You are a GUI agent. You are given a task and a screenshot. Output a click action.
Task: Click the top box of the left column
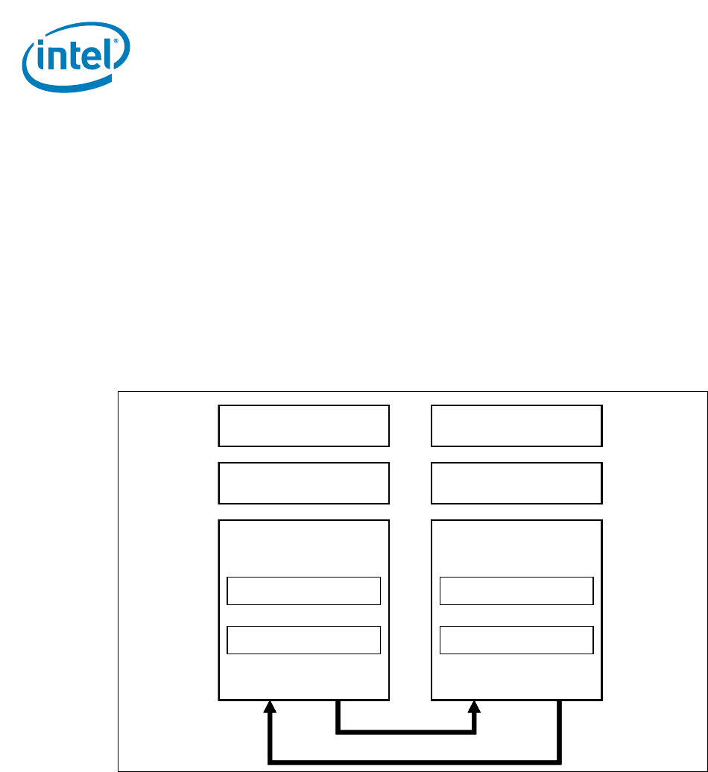click(304, 425)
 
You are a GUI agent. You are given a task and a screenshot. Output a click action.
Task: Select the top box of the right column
click(516, 425)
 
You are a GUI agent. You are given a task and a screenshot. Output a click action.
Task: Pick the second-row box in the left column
click(304, 483)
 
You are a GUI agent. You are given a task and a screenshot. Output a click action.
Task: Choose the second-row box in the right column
click(516, 483)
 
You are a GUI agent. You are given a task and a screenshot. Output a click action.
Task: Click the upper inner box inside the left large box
click(304, 590)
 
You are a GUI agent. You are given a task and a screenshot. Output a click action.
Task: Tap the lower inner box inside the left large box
click(304, 639)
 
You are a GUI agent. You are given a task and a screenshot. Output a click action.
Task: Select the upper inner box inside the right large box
click(516, 590)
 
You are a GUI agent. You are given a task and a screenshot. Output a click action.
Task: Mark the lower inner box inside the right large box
click(516, 639)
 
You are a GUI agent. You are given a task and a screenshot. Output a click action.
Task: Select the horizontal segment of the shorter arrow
click(406, 732)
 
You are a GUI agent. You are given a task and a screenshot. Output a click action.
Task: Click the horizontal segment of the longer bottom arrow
click(414, 761)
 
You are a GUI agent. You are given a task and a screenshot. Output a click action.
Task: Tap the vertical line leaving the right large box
click(559, 730)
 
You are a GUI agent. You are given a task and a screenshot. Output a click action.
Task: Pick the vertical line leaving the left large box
click(338, 715)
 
